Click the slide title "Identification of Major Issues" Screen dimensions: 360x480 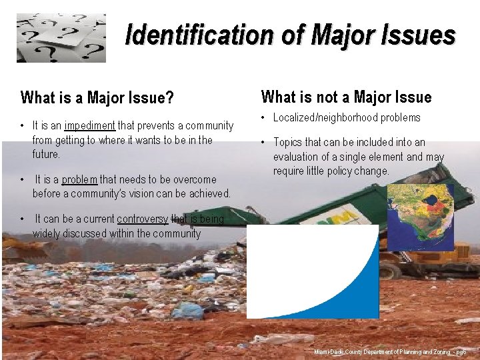tap(290, 35)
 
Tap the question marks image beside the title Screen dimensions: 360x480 tap(61, 38)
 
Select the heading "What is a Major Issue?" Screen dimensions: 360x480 tap(97, 99)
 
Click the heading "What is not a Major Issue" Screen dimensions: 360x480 tap(346, 97)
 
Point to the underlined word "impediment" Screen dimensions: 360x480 tap(90, 125)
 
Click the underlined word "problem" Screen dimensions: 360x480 tap(80, 179)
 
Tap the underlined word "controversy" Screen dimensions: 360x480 tap(142, 219)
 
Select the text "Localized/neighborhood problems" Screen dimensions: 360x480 tap(347, 118)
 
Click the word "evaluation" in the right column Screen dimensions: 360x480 tap(298, 157)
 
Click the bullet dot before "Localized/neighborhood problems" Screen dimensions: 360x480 tap(263, 118)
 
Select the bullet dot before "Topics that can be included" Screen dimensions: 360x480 tap(263, 142)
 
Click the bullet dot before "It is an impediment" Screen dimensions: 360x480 tap(23, 125)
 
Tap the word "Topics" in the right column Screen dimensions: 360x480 tap(288, 142)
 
